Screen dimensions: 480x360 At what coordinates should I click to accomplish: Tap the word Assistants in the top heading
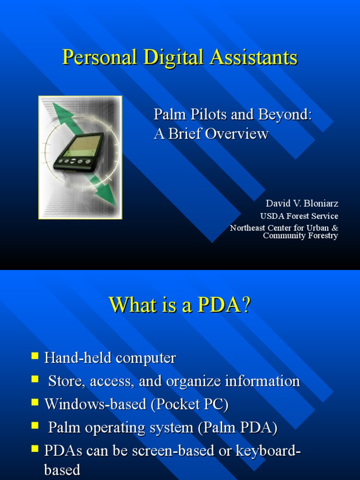(x=254, y=58)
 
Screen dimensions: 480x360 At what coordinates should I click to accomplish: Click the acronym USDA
(x=270, y=216)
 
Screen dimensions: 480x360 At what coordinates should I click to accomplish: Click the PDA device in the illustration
(x=79, y=152)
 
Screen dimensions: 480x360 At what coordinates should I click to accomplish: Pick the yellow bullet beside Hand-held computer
(x=35, y=356)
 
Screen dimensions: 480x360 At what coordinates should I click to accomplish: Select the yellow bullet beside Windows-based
(x=35, y=402)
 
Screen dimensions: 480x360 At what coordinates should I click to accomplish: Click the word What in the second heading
(x=131, y=305)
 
